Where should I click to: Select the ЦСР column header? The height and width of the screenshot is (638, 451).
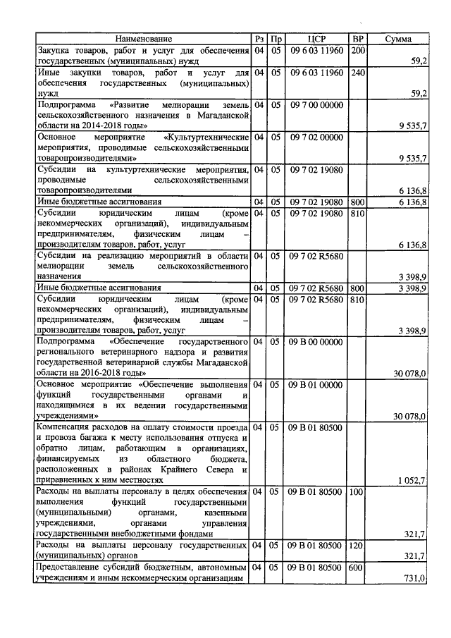316,39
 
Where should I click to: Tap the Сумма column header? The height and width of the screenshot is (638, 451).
398,39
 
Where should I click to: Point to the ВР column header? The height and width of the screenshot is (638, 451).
357,39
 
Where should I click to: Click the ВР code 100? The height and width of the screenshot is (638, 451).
357,491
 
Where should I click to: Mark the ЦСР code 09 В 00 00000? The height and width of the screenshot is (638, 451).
316,341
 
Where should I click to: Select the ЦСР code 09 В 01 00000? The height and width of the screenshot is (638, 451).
316,384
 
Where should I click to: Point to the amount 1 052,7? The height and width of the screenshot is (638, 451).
412,480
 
